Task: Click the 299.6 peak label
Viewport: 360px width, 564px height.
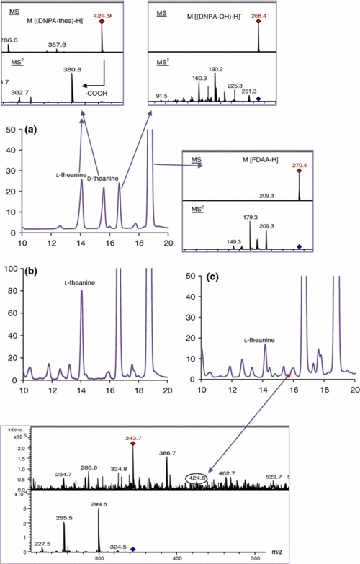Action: [x=99, y=506]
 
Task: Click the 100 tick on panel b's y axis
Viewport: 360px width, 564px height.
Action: [x=12, y=269]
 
